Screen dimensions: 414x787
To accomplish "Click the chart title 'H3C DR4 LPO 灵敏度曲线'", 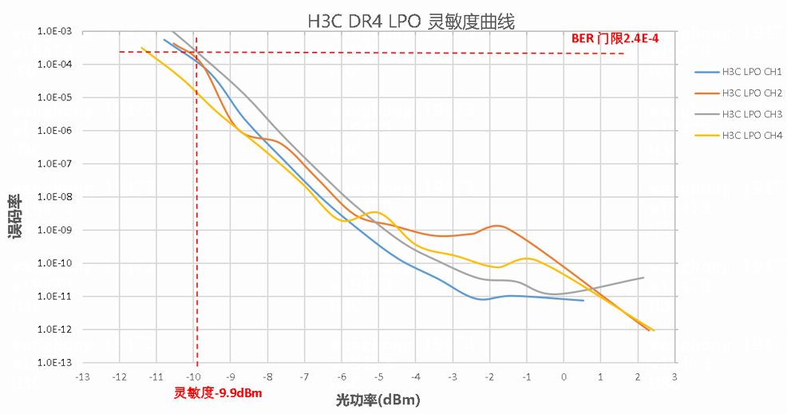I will point(411,22).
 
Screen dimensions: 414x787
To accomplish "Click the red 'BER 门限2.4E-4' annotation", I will point(615,38).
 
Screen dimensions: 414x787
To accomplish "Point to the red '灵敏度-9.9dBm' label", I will point(218,392).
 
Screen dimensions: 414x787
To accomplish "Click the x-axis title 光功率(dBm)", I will point(378,399).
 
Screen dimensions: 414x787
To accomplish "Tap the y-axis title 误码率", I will point(14,216).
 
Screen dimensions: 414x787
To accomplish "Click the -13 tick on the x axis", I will point(82,377).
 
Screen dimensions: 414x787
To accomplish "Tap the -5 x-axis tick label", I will point(378,377).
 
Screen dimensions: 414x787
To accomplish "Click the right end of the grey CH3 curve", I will point(643,278).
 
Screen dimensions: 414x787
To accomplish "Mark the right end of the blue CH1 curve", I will point(583,300).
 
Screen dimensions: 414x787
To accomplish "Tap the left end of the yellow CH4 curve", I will point(141,48).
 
